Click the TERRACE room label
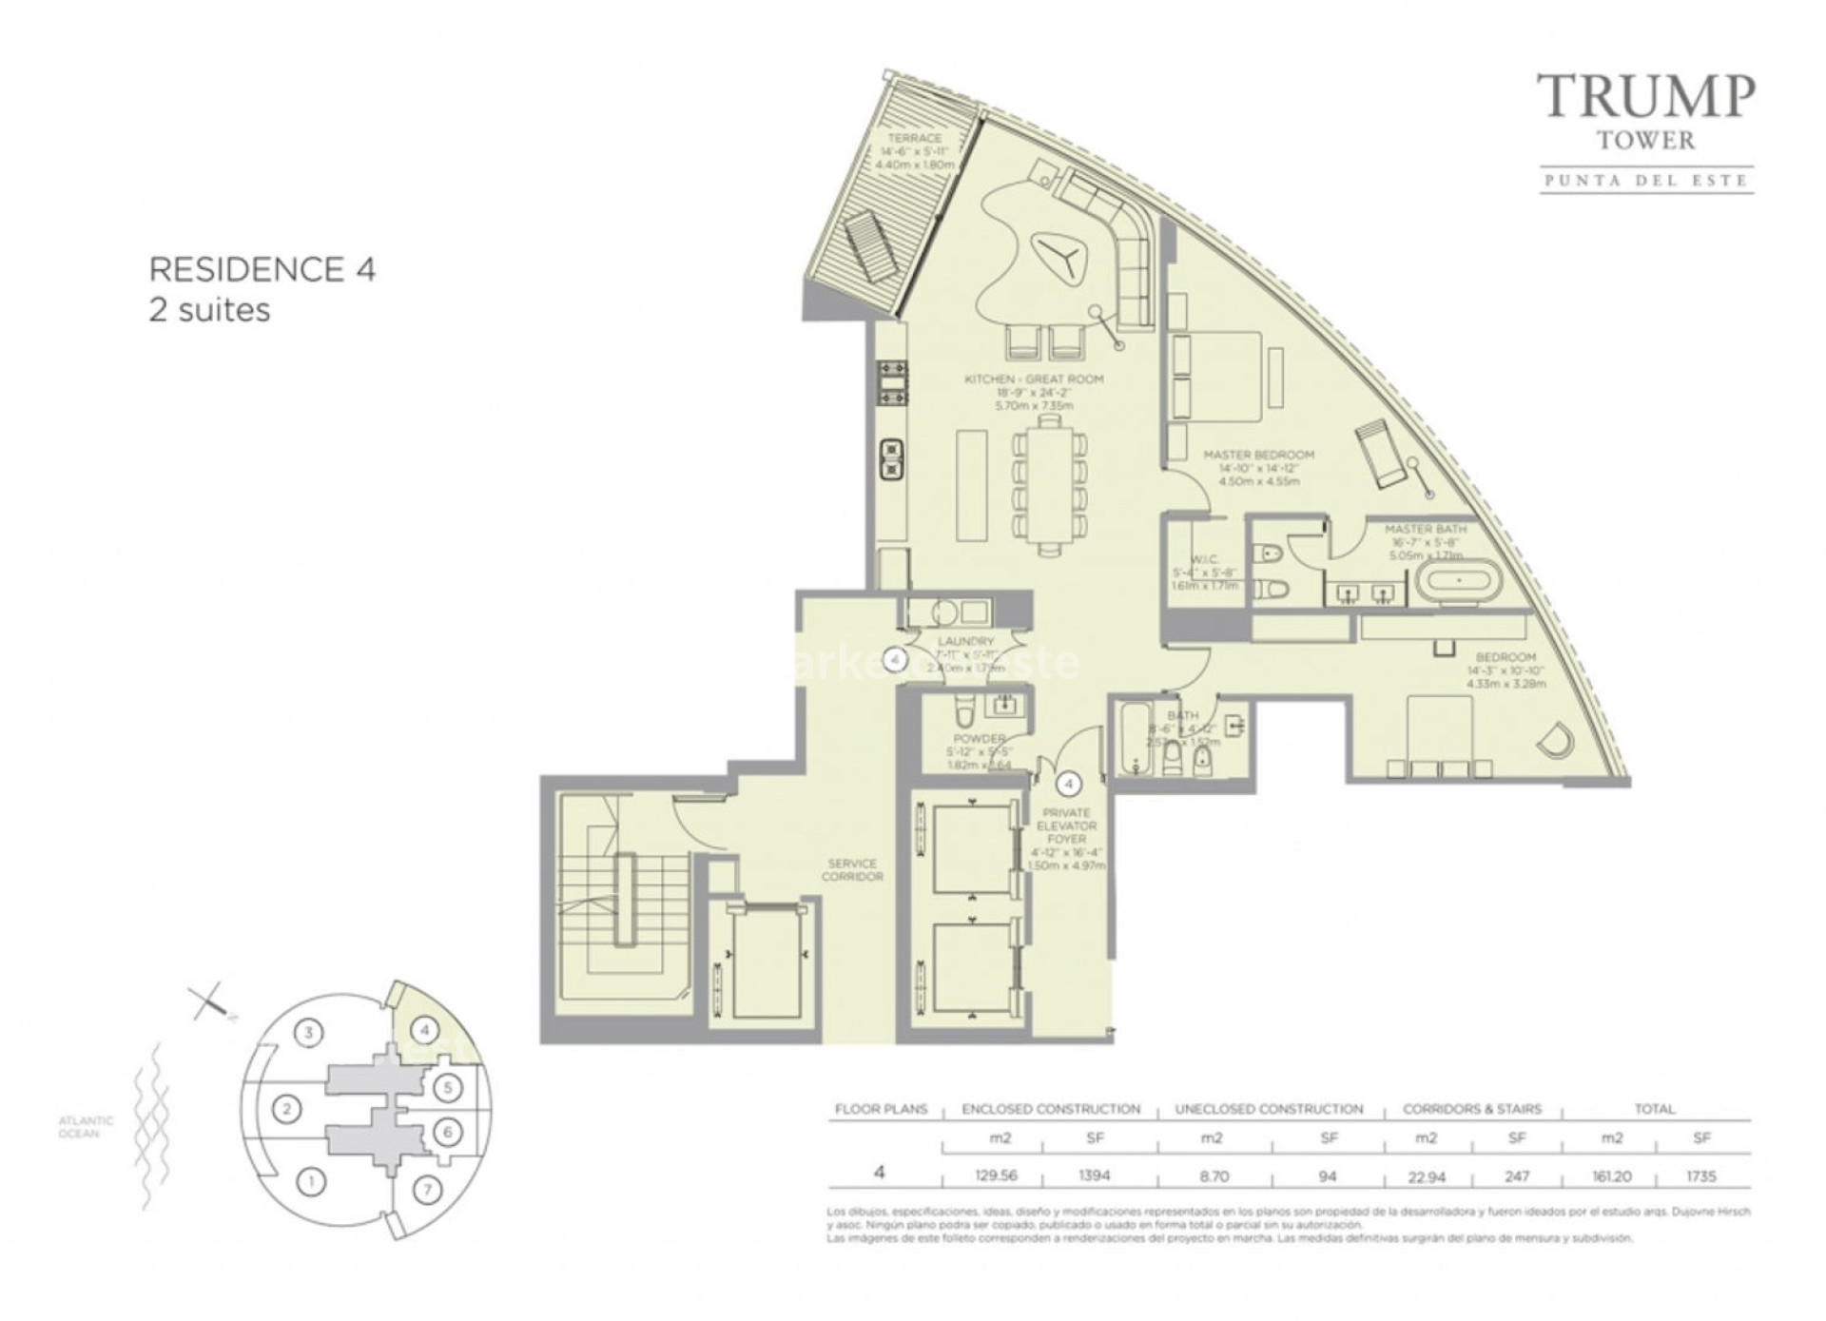[x=914, y=139]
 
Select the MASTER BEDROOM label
[x=1258, y=456]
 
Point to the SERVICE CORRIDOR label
[x=852, y=870]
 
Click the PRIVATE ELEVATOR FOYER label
[x=1066, y=826]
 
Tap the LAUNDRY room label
[x=964, y=642]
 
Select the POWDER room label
[x=979, y=739]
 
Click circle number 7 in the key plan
[x=427, y=1189]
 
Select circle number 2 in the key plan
[x=287, y=1108]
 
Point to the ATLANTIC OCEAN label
[x=86, y=1127]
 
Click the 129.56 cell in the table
[x=996, y=1176]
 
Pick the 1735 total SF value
[x=1700, y=1176]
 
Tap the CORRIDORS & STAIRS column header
[x=1471, y=1109]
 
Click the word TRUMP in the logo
[x=1646, y=97]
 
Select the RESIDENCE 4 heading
[x=262, y=270]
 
